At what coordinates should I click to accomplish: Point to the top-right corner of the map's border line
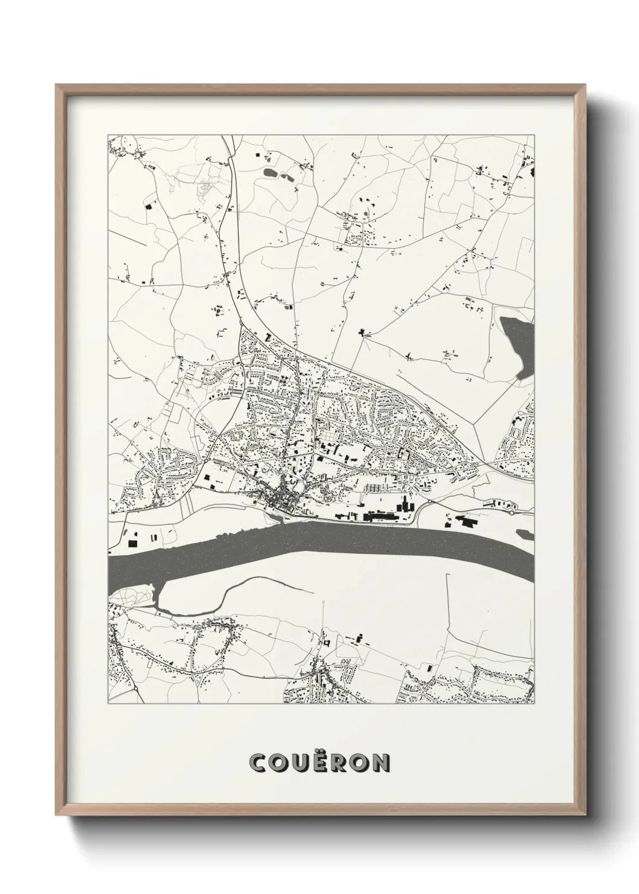pos(535,135)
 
